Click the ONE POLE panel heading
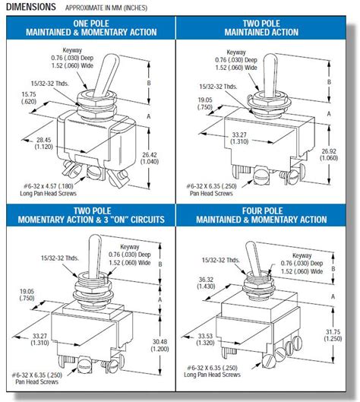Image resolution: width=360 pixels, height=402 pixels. pos(90,28)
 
